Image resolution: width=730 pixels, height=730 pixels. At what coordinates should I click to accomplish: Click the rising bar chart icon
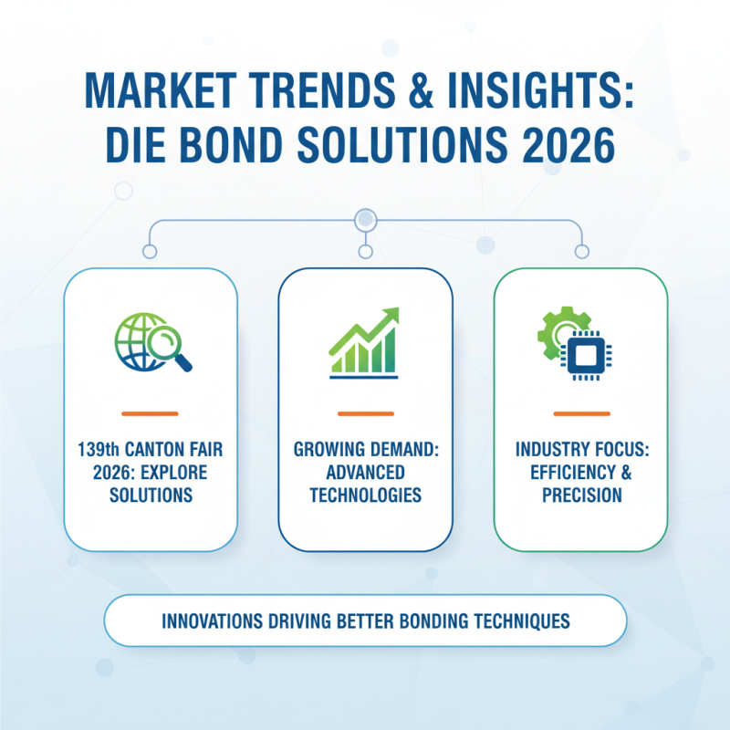[x=365, y=342]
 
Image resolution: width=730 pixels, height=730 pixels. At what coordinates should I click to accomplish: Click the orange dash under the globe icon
[x=150, y=413]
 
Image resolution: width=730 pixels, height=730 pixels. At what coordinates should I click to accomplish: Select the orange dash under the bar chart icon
[x=365, y=413]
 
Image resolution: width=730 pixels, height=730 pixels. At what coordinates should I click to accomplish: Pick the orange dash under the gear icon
[x=580, y=413]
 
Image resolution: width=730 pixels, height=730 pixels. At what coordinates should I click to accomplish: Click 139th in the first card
[x=93, y=450]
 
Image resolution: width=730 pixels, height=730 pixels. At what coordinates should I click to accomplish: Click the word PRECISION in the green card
[x=580, y=495]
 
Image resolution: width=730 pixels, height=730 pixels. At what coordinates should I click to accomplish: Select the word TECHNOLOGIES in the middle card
[x=365, y=495]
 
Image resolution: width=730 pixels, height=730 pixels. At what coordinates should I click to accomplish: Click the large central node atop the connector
[x=365, y=219]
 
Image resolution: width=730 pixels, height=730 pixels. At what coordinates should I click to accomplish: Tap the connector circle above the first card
[x=150, y=251]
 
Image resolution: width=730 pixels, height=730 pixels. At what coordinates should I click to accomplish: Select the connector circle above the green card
[x=580, y=251]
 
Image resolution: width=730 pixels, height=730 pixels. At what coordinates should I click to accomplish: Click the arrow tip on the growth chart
[x=394, y=313]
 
